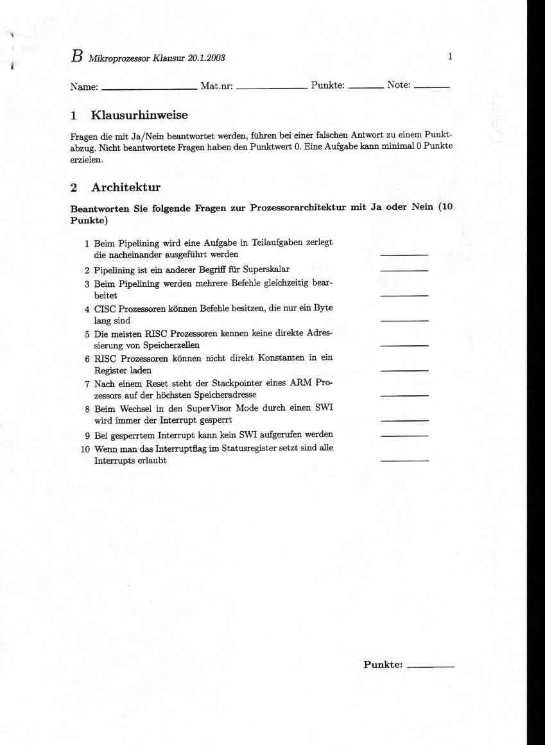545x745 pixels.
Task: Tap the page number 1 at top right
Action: click(450, 56)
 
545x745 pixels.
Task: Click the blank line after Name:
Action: click(149, 87)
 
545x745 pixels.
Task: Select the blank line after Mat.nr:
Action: click(270, 87)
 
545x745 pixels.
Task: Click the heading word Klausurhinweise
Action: click(139, 116)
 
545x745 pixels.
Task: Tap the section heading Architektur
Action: click(126, 187)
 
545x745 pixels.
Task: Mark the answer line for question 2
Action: click(404, 271)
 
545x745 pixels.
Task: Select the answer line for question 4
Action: click(404, 320)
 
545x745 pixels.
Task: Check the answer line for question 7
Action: click(404, 395)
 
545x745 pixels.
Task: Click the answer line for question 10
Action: click(404, 461)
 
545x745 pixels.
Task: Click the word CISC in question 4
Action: click(105, 308)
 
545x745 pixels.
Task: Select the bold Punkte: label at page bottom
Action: click(383, 665)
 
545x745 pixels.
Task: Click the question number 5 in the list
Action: click(87, 334)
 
